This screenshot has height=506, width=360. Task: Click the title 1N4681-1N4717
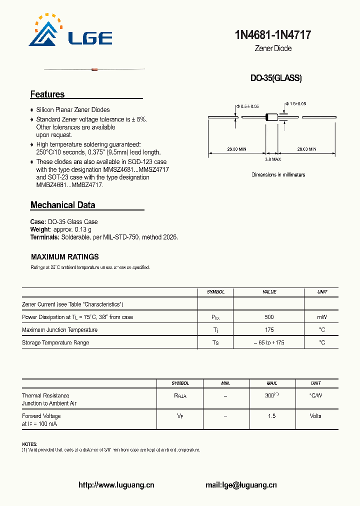click(x=273, y=35)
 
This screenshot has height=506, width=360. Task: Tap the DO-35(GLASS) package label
click(x=276, y=78)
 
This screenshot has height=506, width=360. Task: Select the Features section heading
click(x=47, y=94)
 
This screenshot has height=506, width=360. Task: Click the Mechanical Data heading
click(x=62, y=205)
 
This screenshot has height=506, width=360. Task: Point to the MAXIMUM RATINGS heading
click(x=65, y=257)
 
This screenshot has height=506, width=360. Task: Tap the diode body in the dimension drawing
click(x=271, y=117)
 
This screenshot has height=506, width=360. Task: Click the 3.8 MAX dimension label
click(x=273, y=159)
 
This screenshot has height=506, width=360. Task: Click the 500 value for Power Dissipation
click(x=269, y=317)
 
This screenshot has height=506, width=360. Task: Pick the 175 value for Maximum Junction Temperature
click(x=269, y=330)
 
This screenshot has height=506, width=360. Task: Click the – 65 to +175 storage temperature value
click(x=269, y=343)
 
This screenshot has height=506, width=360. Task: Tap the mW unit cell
click(x=322, y=317)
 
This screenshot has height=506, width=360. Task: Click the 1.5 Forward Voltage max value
click(x=271, y=416)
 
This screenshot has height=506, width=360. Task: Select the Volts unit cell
click(x=315, y=416)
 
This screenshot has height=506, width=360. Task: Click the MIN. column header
click(x=225, y=383)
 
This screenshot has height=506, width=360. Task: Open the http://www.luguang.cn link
click(x=116, y=485)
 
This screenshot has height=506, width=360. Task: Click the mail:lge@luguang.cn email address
click(x=241, y=485)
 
